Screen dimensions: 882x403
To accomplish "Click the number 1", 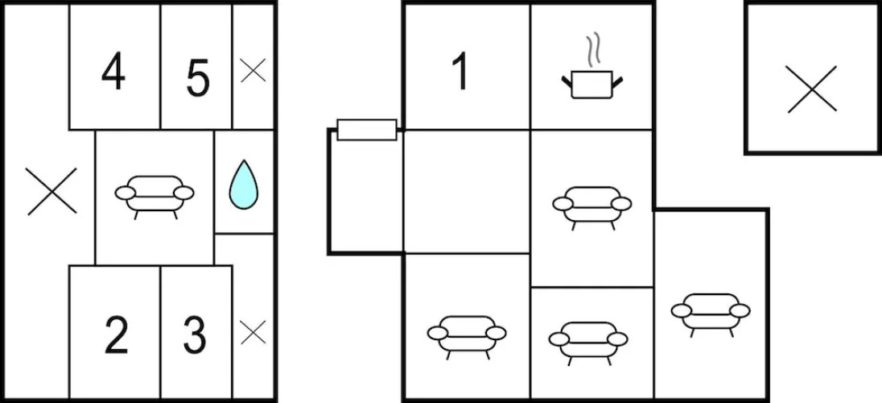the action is click(460, 72).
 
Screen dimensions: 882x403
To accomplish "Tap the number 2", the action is click(117, 335).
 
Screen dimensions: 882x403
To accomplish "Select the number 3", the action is click(195, 335).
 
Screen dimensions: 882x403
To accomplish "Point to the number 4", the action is click(113, 73).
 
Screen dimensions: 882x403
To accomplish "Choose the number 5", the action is click(197, 78).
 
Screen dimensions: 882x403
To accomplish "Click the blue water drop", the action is click(244, 185).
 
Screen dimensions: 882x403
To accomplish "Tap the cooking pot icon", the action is click(591, 85).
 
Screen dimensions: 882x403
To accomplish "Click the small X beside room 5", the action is click(253, 70).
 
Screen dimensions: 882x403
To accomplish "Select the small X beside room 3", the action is click(253, 332).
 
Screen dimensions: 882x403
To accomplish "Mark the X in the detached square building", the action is click(811, 89).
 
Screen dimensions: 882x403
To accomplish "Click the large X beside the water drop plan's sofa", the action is click(52, 192).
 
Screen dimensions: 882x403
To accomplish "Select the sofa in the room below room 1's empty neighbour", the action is click(467, 337).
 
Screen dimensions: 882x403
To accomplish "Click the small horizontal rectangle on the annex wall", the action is click(367, 130).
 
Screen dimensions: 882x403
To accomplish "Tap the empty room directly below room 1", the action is click(467, 192).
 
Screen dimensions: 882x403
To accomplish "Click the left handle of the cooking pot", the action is click(567, 81).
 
